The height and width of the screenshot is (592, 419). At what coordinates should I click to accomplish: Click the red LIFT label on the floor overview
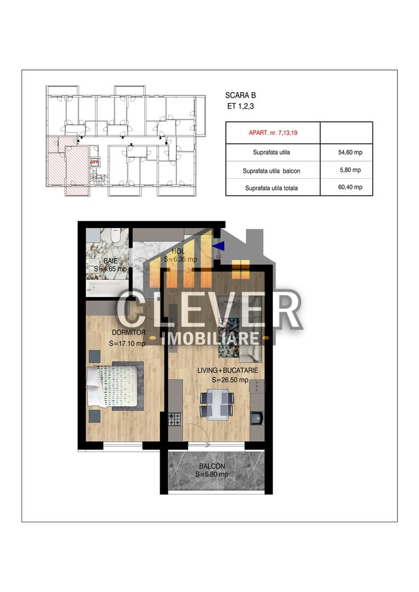(x=94, y=162)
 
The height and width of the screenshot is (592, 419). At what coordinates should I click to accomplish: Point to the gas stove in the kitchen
(x=175, y=419)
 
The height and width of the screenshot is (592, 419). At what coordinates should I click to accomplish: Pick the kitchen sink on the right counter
(x=256, y=419)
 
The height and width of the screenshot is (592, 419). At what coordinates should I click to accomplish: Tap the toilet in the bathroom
(x=114, y=236)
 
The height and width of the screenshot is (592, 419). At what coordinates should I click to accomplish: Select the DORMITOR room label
(x=128, y=332)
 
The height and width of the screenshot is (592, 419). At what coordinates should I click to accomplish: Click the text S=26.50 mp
(x=230, y=380)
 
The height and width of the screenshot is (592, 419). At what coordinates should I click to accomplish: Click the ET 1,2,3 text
(x=241, y=106)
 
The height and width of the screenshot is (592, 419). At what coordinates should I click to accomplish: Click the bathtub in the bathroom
(x=107, y=287)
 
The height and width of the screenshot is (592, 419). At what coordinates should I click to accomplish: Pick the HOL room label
(x=177, y=251)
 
